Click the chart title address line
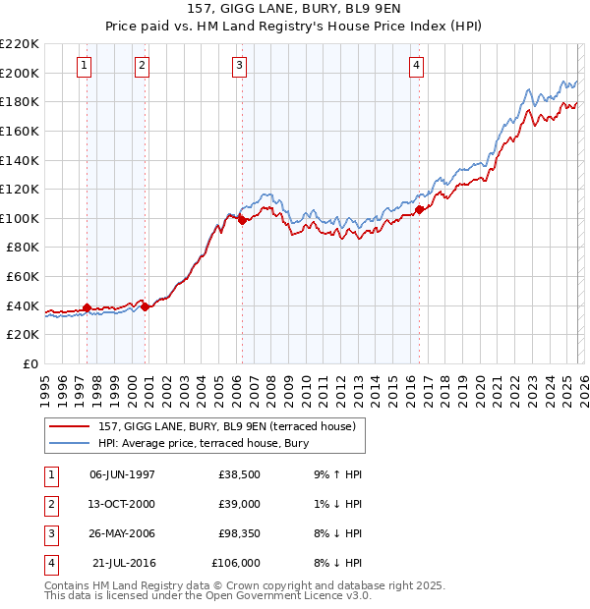pos(294,11)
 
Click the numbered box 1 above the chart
pos(85,66)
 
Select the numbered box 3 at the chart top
pos(240,66)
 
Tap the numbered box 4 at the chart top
pos(417,66)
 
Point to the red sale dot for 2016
pos(420,208)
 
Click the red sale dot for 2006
pos(242,220)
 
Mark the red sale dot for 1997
pos(87,307)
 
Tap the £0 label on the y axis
pos(29,363)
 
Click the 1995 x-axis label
pos(45,384)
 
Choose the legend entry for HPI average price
pos(204,444)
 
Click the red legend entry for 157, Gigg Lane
pos(232,426)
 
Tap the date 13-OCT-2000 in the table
pos(122,503)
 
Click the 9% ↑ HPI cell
pos(335,473)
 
